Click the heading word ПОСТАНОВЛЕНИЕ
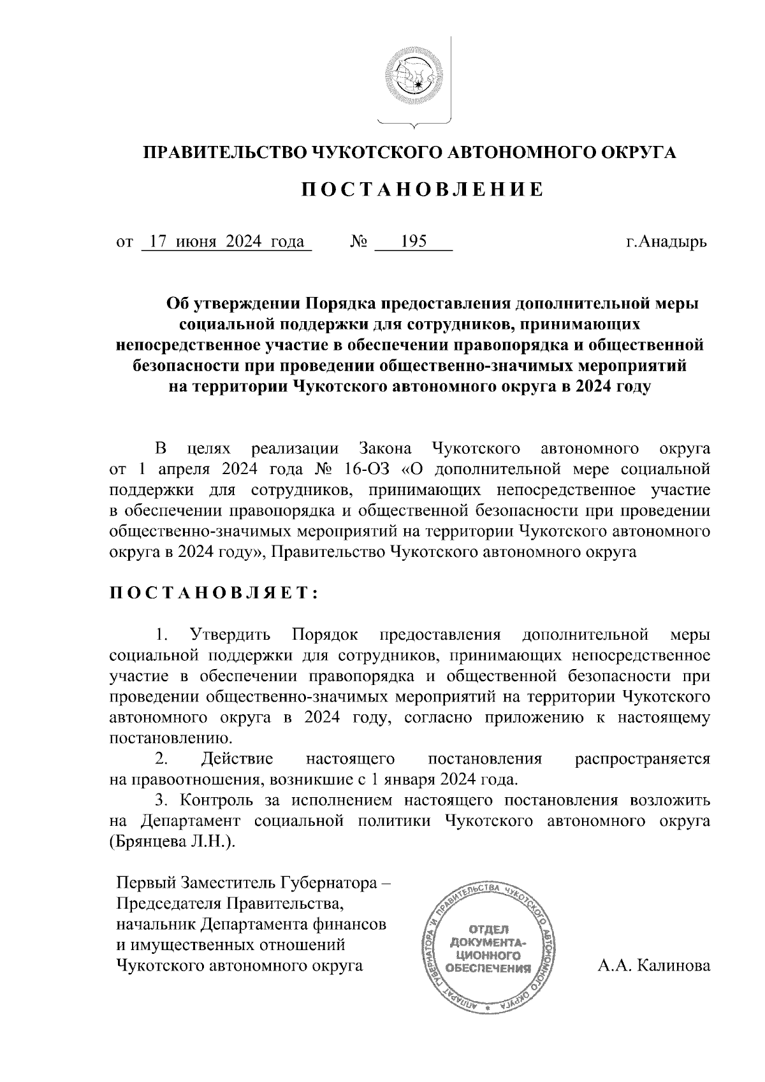pos(422,190)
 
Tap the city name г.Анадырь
pos(666,243)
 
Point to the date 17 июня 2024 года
pos(225,243)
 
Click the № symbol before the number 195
pos(359,243)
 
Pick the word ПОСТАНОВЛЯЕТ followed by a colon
pos(214,593)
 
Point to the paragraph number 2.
pos(162,759)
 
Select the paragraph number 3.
pos(161,800)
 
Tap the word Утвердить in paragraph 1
pos(230,634)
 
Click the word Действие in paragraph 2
pos(237,759)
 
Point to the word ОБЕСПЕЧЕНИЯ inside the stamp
pos(488,969)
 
